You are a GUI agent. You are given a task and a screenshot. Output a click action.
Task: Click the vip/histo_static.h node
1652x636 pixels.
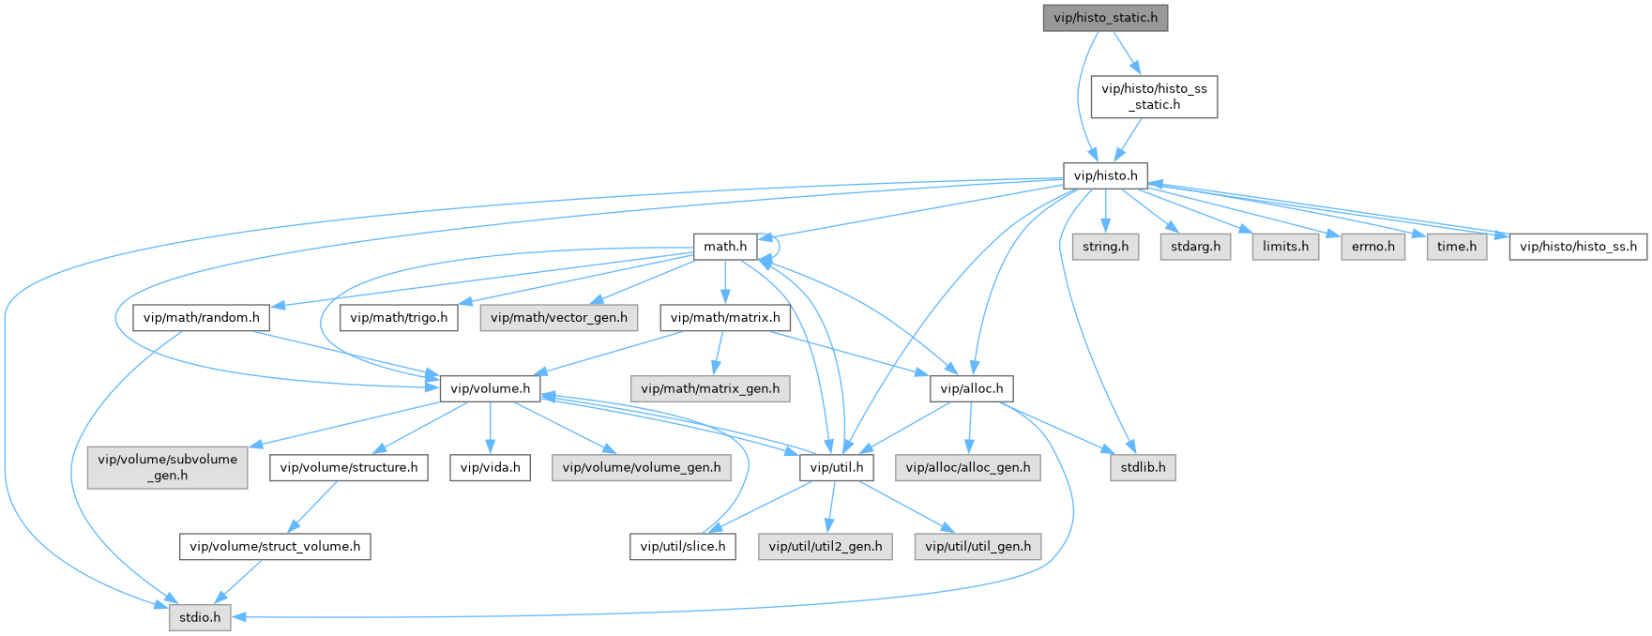coord(1105,18)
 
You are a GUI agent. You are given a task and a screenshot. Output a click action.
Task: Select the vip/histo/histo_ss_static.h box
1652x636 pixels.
coord(1154,97)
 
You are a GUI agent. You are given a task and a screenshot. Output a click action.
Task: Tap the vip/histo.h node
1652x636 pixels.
coord(1105,175)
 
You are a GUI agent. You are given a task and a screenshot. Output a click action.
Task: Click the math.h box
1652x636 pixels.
coord(725,247)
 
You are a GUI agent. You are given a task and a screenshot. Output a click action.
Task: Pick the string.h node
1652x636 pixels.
coord(1105,247)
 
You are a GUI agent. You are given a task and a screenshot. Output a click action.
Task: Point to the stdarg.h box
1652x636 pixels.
coord(1195,247)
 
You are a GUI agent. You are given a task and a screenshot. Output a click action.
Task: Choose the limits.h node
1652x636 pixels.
coord(1285,247)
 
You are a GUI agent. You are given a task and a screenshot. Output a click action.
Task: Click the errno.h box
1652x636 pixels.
coord(1373,247)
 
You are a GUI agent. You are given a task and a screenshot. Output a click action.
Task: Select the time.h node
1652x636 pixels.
coord(1457,247)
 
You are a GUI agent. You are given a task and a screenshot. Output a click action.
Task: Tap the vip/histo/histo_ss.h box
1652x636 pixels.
coord(1578,247)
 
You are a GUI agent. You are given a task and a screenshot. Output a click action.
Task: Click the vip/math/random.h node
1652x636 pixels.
coord(202,318)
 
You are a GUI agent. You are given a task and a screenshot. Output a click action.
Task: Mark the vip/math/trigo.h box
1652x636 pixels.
coord(399,318)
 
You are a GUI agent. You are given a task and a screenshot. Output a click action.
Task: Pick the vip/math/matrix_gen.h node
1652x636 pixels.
coord(710,388)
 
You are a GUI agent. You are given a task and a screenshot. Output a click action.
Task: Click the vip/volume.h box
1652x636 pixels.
coord(491,388)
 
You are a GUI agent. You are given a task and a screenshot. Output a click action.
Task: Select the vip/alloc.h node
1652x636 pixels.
coord(972,388)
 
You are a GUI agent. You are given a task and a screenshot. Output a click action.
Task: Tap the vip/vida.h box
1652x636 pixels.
coord(490,467)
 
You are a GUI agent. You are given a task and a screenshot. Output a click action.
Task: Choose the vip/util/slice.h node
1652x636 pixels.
coord(683,546)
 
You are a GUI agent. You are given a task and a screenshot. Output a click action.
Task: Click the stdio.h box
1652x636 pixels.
coord(200,617)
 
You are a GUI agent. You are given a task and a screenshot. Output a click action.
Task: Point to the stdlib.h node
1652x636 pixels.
coord(1143,467)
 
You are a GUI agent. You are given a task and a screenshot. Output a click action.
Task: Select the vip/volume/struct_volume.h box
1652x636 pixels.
coord(275,546)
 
